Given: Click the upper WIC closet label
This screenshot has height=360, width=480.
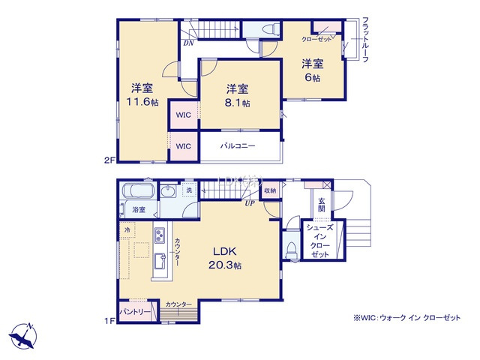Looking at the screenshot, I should tap(184, 115).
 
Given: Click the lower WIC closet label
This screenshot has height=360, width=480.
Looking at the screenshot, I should tap(184, 145).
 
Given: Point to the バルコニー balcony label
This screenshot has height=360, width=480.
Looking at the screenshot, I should tap(238, 145).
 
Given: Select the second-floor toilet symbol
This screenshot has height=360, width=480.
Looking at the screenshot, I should tap(270, 29).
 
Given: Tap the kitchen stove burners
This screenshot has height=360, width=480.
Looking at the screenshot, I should tap(161, 238).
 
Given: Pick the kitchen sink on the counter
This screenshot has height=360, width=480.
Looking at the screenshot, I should tap(160, 262).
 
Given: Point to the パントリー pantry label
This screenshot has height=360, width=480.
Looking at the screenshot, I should tap(134, 310).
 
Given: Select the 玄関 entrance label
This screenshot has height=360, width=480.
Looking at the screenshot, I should tap(321, 205).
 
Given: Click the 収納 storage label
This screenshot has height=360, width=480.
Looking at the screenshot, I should tap(269, 191).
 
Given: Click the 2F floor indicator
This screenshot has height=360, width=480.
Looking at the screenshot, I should tap(109, 160).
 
